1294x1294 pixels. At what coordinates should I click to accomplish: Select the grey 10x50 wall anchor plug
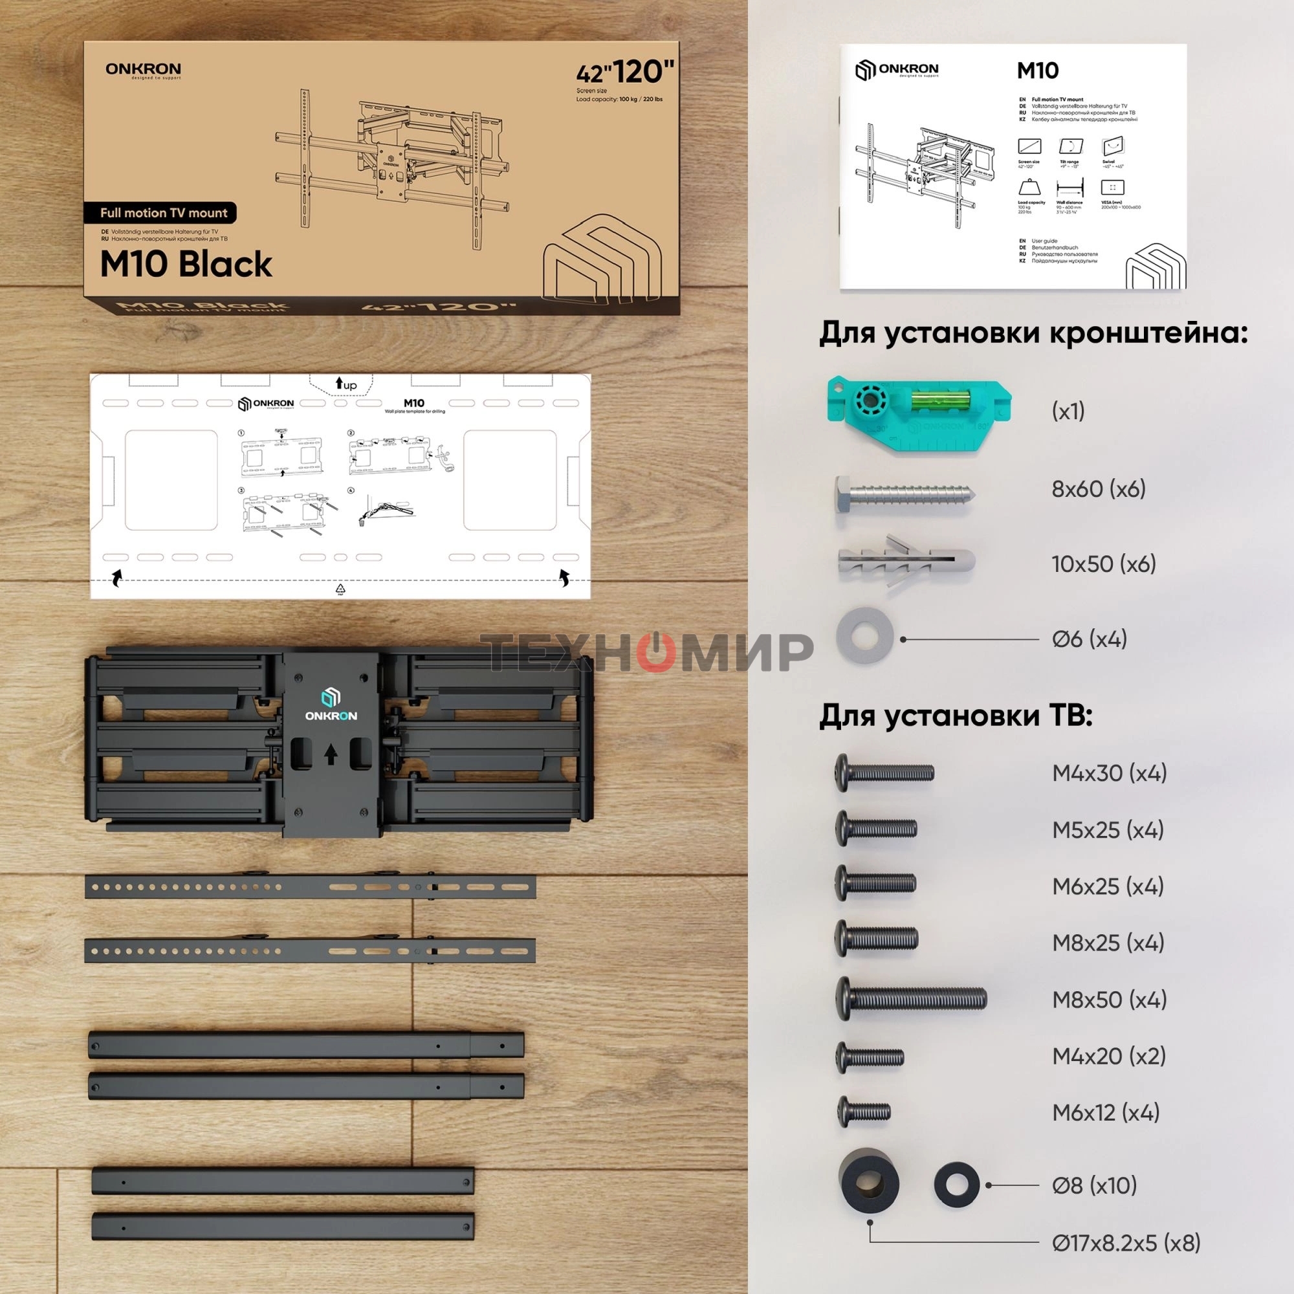pos(906,561)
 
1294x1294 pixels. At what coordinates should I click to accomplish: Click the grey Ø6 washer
pos(864,636)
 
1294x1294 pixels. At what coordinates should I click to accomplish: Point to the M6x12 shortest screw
pos(864,1112)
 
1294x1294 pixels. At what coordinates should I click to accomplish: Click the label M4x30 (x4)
pos(1109,774)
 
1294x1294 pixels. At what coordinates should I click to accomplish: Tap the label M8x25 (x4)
pos(1108,943)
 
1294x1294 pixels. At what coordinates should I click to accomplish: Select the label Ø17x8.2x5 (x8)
pos(1126,1244)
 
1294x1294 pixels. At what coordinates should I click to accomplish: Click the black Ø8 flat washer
pos(956,1185)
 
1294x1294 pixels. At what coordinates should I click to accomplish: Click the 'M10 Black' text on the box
pos(186,264)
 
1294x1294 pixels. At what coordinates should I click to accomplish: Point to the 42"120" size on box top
pos(625,72)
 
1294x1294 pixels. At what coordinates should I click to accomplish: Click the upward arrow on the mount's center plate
pos(331,756)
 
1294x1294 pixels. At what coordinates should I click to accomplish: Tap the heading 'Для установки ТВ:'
pos(956,716)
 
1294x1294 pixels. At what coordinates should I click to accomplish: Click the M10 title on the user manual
pos(1038,71)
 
